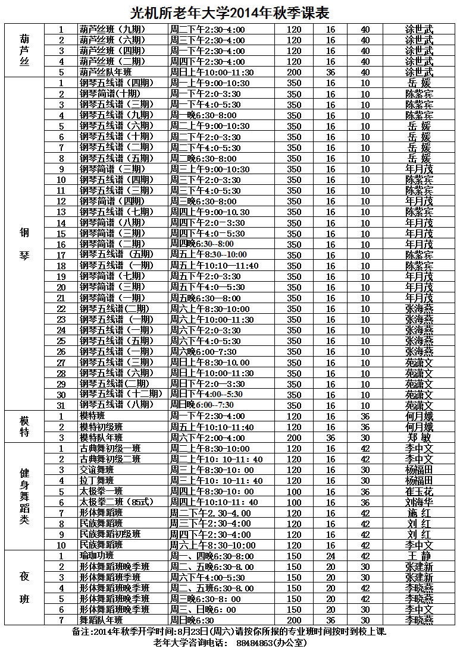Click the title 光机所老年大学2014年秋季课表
pos(230,12)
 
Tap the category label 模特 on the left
pos(24,426)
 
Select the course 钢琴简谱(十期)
pos(110,94)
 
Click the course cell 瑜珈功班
pos(97,556)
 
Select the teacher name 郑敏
pos(419,437)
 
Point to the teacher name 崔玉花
pos(419,492)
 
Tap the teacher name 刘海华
pos(419,502)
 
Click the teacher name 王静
pos(419,556)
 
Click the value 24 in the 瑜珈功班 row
pos(330,556)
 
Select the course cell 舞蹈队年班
pos(101,620)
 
